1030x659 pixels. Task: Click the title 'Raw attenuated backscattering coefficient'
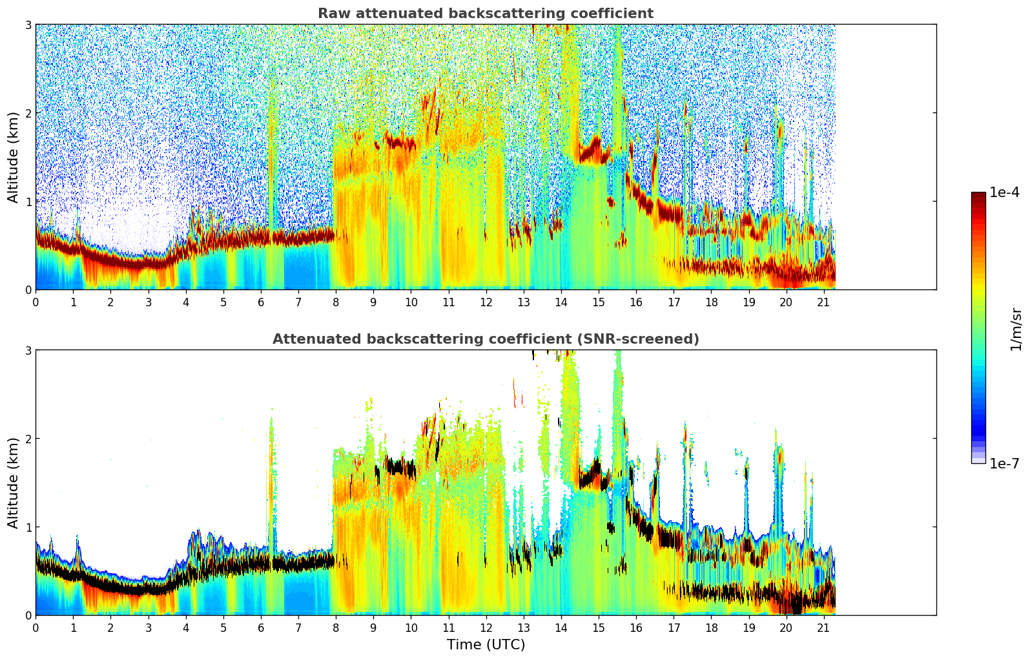(x=485, y=14)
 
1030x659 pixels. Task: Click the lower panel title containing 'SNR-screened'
(x=485, y=339)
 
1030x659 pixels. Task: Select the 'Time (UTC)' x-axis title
(x=486, y=645)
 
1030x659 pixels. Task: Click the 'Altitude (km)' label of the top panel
(x=14, y=157)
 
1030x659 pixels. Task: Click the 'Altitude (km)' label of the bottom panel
(x=14, y=483)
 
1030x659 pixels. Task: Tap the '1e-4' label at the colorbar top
(x=1004, y=193)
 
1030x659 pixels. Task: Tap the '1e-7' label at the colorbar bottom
(x=1004, y=463)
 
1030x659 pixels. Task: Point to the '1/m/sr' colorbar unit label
(x=1016, y=328)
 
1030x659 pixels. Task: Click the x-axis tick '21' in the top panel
(x=823, y=302)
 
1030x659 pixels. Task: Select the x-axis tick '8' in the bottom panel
(x=336, y=628)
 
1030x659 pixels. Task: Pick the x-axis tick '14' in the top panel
(x=561, y=302)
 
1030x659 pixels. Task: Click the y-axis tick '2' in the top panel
(x=28, y=113)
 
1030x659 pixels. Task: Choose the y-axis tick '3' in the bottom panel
(x=28, y=350)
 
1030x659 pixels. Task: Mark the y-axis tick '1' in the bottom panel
(x=28, y=527)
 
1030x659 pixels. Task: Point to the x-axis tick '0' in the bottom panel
(x=36, y=628)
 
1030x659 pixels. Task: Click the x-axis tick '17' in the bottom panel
(x=674, y=628)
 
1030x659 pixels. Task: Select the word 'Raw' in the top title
(x=331, y=14)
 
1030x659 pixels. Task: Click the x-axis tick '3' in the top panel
(x=148, y=302)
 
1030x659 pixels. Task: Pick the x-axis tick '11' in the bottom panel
(x=448, y=628)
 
